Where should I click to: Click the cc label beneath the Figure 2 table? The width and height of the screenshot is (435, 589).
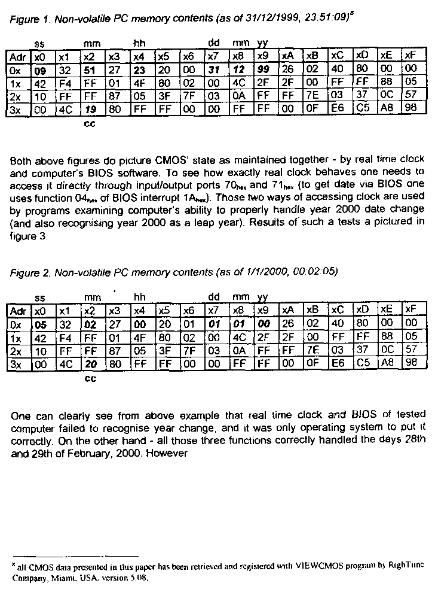click(91, 378)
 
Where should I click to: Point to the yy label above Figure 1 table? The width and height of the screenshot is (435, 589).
click(262, 44)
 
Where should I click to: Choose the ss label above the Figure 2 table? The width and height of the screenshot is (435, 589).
click(40, 297)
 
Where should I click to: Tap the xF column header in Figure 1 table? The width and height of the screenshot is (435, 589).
click(410, 57)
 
